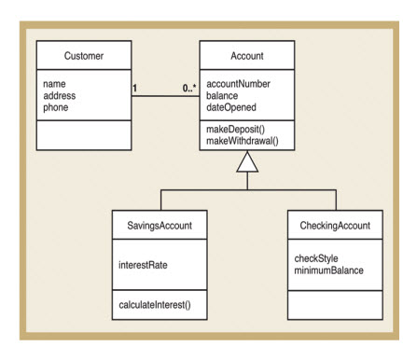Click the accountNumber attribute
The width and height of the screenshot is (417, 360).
(239, 83)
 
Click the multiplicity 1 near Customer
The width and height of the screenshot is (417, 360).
(135, 90)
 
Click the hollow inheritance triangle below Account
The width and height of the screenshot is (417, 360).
(246, 163)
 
